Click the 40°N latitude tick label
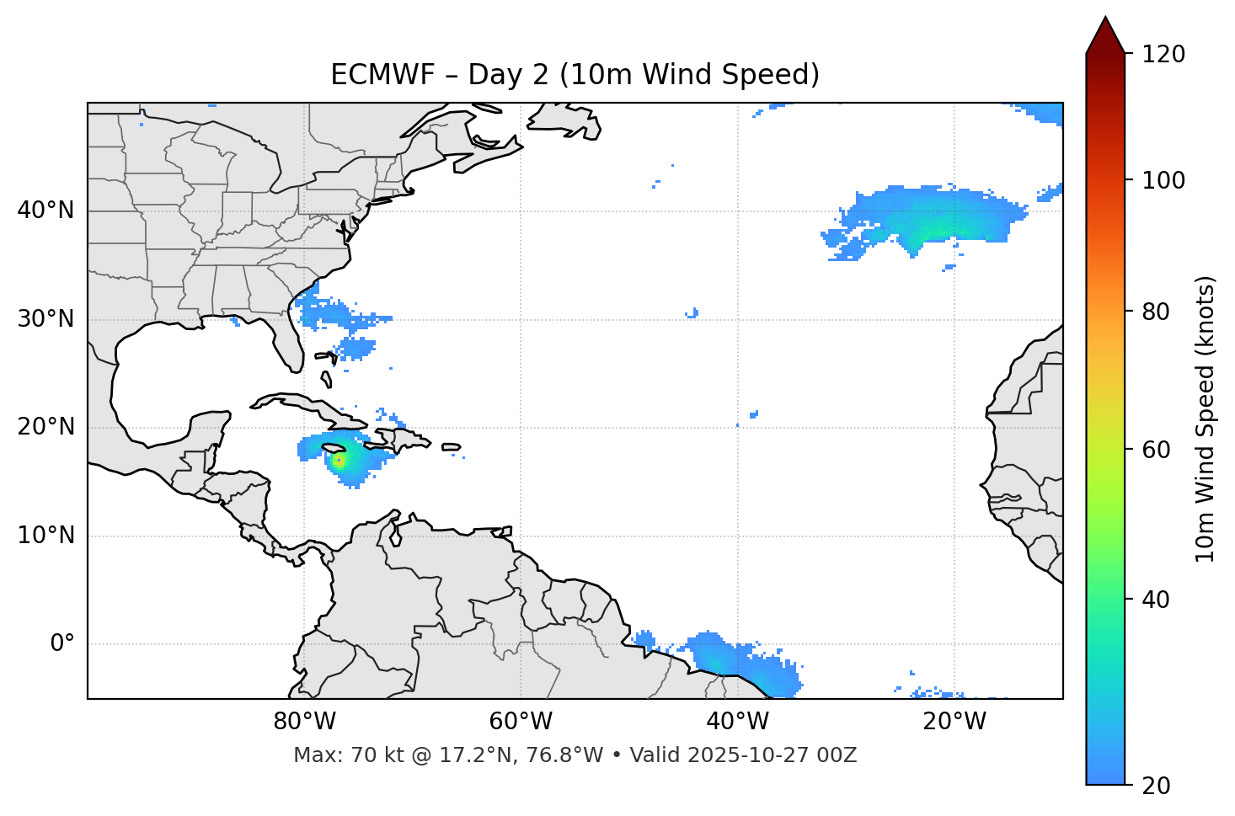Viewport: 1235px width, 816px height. tap(45, 211)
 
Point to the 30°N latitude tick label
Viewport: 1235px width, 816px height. tap(45, 319)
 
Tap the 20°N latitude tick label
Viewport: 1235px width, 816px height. tap(45, 427)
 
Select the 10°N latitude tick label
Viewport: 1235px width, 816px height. tap(45, 536)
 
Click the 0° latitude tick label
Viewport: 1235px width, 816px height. tap(61, 644)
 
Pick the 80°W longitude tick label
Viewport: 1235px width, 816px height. tap(304, 722)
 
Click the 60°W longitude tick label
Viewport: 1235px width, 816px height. tap(521, 722)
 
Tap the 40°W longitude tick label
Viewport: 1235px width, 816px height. tap(737, 722)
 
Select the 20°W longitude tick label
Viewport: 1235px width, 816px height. tap(954, 722)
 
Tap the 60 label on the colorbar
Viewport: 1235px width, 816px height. tap(1155, 450)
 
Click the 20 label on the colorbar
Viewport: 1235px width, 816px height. tap(1155, 785)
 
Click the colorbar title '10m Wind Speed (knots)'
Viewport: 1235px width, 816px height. tap(1206, 419)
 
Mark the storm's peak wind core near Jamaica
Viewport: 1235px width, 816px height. tap(339, 461)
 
